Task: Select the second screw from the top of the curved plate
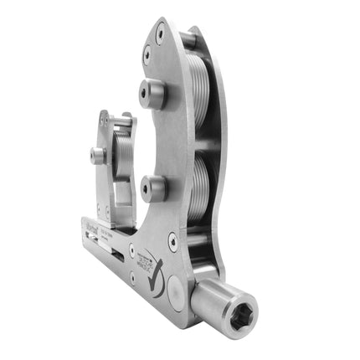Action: tap(147, 58)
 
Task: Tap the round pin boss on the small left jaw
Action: tap(99, 156)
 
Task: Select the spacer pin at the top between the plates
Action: tap(190, 38)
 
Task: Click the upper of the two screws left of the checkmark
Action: tap(131, 250)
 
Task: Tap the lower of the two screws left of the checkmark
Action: tap(131, 273)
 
